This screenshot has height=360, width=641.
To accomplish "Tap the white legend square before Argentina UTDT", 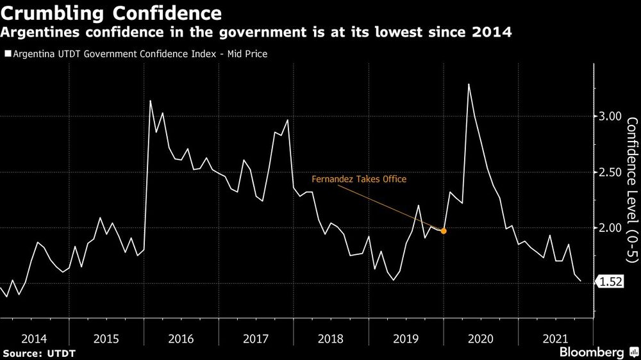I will [7, 54].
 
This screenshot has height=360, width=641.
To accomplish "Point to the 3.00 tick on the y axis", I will [610, 117].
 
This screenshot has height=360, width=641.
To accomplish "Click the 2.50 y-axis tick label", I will [610, 172].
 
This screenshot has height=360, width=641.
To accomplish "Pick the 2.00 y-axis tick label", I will [610, 228].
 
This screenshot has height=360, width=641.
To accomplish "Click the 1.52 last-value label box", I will [612, 282].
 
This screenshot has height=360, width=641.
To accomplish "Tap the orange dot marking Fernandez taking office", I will [444, 231].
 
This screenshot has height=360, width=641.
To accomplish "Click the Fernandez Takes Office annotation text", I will [359, 180].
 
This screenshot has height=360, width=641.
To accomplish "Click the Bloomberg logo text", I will [591, 352].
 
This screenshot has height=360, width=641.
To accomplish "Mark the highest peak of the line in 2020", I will [469, 85].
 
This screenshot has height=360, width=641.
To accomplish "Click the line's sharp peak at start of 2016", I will [150, 101].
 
